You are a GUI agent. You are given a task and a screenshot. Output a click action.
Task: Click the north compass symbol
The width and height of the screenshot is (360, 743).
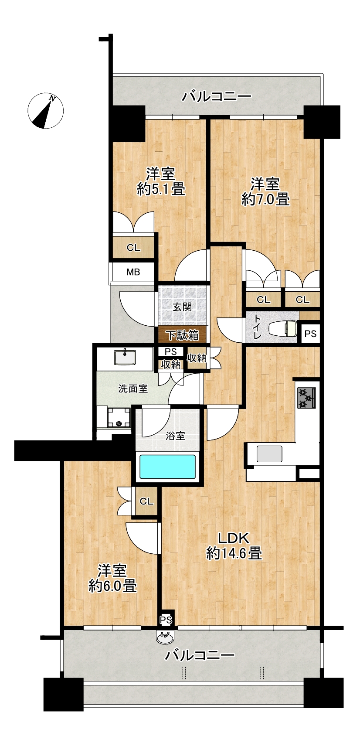click(x=45, y=111)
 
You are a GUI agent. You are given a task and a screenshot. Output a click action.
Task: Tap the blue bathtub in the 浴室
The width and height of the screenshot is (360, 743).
click(x=167, y=467)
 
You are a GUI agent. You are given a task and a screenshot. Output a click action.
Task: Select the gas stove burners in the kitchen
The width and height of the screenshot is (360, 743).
click(x=306, y=398)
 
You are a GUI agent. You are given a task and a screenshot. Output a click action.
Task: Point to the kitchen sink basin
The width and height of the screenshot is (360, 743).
click(x=269, y=454)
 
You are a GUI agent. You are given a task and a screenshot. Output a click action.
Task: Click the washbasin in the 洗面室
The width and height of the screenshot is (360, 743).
click(x=125, y=357)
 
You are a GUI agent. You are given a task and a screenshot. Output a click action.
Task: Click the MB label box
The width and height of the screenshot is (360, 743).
click(x=133, y=273)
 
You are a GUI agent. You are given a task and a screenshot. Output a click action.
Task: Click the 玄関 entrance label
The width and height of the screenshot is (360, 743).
click(x=182, y=307)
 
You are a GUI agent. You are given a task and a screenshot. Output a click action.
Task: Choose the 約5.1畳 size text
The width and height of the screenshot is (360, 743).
click(x=161, y=190)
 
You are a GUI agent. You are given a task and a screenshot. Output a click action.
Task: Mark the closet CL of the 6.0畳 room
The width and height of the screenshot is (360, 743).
click(x=146, y=501)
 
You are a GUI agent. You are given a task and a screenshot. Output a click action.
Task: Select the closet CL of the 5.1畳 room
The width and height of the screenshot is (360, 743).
click(x=134, y=247)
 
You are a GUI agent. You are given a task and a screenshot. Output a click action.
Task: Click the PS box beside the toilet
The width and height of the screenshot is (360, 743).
click(x=311, y=334)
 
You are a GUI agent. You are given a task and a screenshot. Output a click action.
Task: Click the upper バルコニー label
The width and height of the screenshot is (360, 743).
click(x=217, y=97)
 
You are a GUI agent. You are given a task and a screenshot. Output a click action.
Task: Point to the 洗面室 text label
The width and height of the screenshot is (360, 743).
click(x=133, y=389)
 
